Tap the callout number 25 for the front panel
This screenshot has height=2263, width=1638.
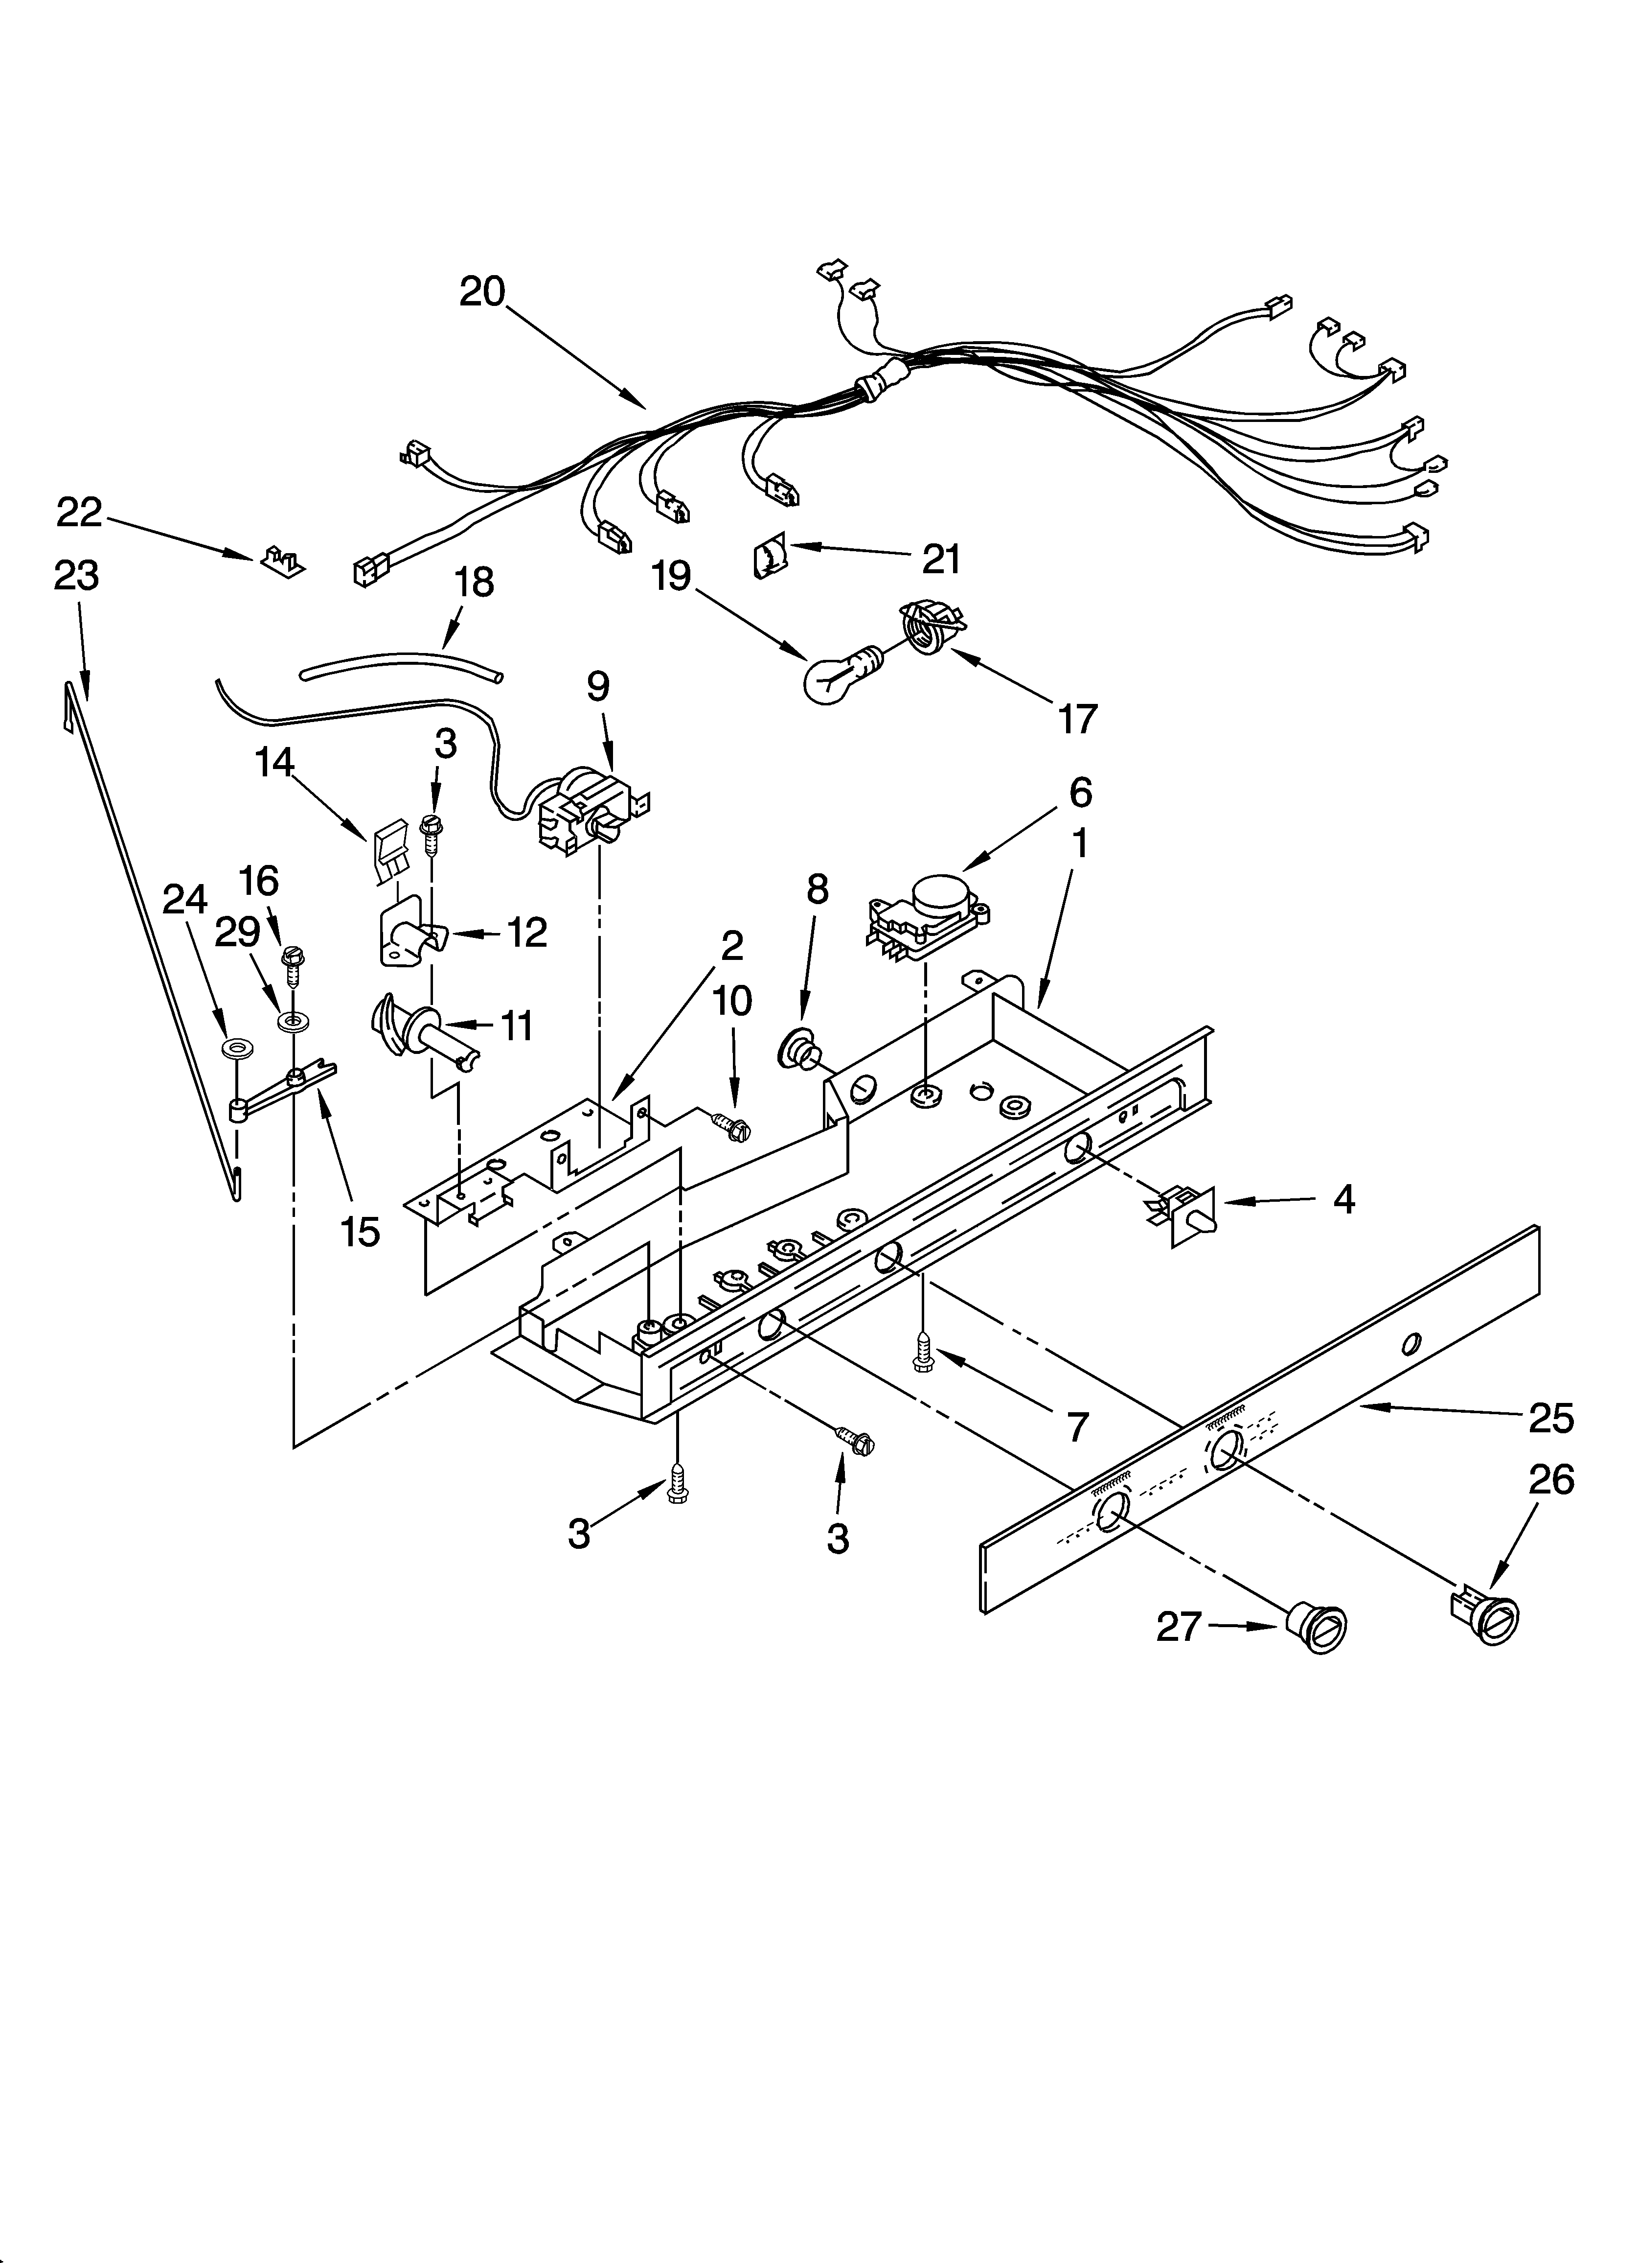pos(1551,1417)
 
